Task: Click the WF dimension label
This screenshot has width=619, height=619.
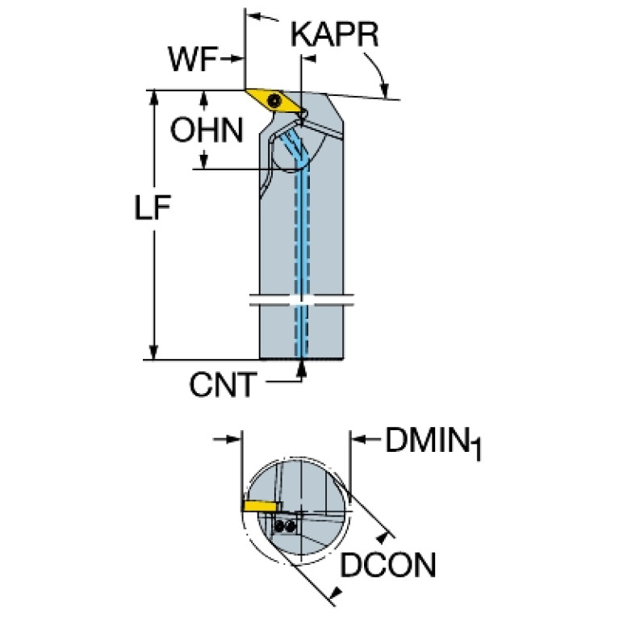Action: [x=192, y=59]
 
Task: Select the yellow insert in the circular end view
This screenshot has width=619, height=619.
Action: [x=259, y=505]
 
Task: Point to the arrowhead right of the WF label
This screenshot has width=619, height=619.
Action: [x=238, y=59]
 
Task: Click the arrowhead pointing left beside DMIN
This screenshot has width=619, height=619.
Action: [x=356, y=439]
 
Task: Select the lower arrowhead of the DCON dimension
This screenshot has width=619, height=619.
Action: [x=337, y=595]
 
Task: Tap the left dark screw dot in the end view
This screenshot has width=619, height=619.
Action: [x=279, y=525]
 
